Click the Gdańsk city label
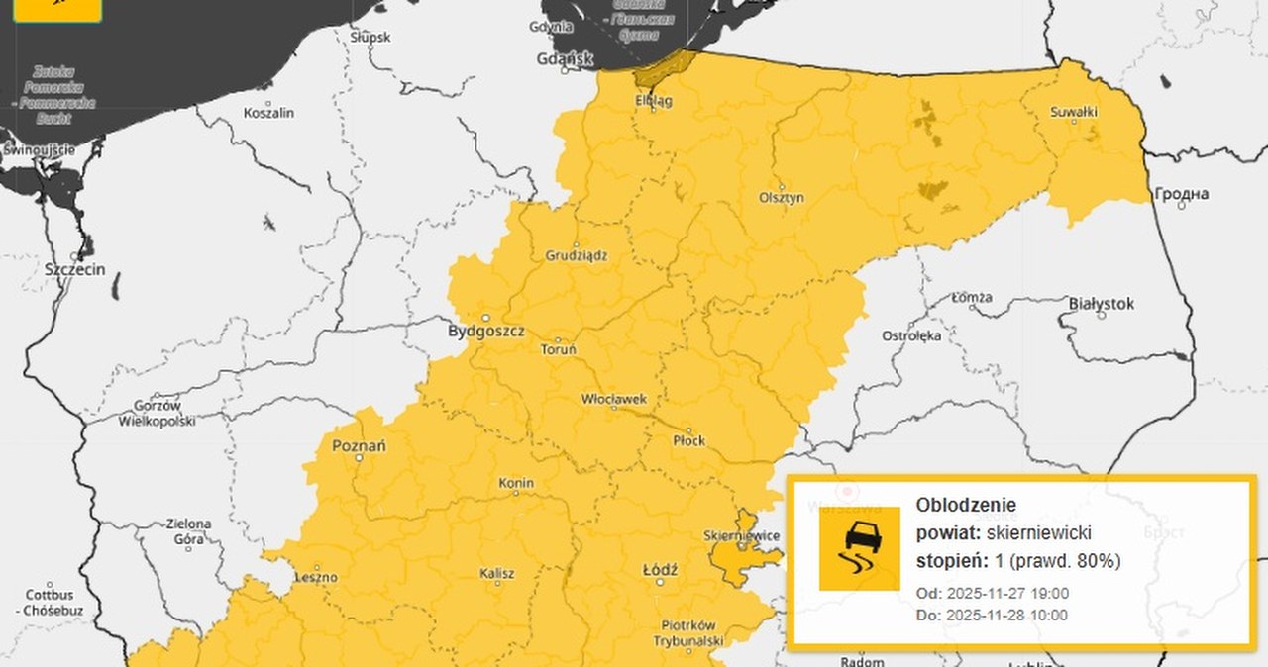coord(564,59)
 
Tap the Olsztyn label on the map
coord(783,198)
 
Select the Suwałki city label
coord(1074,112)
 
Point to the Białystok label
coord(1102,304)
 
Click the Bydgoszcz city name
coord(486,332)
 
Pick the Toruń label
coord(557,349)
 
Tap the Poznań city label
coord(359,446)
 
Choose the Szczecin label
coord(75,269)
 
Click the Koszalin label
coord(268,113)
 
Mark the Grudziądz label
coord(577,255)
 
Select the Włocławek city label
coord(614,400)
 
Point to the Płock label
coord(688,440)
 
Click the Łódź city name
coord(660,571)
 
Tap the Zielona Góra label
coord(188,531)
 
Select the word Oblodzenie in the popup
coord(952,505)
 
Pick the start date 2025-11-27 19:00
coord(1005,594)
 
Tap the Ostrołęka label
coord(911,336)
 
